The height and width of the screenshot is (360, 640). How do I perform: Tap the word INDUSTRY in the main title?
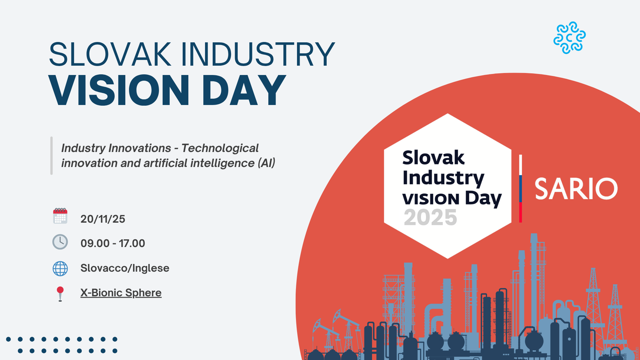(x=258, y=54)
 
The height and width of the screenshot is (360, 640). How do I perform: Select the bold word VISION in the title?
(x=119, y=90)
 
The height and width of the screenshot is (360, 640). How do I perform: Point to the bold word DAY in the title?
(x=244, y=90)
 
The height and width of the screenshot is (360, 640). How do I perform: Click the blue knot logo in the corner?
(x=569, y=38)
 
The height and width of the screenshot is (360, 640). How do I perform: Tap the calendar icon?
(x=60, y=216)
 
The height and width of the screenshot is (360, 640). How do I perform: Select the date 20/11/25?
(x=103, y=219)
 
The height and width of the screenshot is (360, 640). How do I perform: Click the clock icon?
(x=60, y=242)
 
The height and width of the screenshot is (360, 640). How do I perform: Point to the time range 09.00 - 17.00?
(x=113, y=243)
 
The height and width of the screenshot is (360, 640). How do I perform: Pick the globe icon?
(x=60, y=268)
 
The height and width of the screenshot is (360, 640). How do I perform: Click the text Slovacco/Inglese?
(x=125, y=268)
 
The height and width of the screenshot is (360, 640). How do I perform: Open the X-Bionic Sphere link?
(x=121, y=293)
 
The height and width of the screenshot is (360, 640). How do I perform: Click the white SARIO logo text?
(x=576, y=189)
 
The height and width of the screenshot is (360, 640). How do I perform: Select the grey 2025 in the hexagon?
(x=430, y=217)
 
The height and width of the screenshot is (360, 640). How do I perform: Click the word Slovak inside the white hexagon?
(x=433, y=157)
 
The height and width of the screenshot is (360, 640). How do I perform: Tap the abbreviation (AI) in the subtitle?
(x=266, y=163)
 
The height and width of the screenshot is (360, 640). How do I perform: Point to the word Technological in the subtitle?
(x=220, y=148)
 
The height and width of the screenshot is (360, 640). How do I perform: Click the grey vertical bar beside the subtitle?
(x=51, y=155)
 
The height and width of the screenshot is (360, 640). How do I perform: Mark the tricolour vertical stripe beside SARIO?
(x=520, y=189)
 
